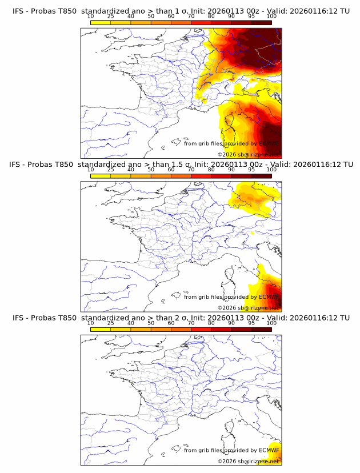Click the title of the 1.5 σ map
pos(181,165)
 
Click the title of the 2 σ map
pos(181,318)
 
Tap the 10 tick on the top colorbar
pos(91,17)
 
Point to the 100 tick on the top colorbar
pos(271,17)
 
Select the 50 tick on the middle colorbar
pos(151,170)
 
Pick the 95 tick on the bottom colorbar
pos(251,323)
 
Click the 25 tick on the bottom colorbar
pos(111,323)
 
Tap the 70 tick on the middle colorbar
pos(191,170)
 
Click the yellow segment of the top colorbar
pos(101,22)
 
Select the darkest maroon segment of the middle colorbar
pos(261,175)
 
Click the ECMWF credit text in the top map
pos(231,144)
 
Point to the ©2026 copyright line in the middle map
pos(247,307)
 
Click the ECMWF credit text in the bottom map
pos(231,450)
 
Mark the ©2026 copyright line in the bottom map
pos(247,460)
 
